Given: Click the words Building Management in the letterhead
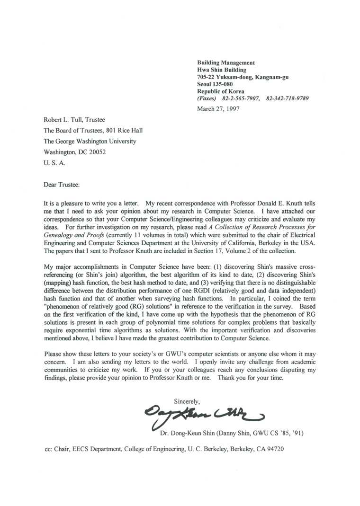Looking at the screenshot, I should (226, 62).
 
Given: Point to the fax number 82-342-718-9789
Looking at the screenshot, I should (288, 98).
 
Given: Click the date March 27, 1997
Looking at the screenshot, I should (218, 108).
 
